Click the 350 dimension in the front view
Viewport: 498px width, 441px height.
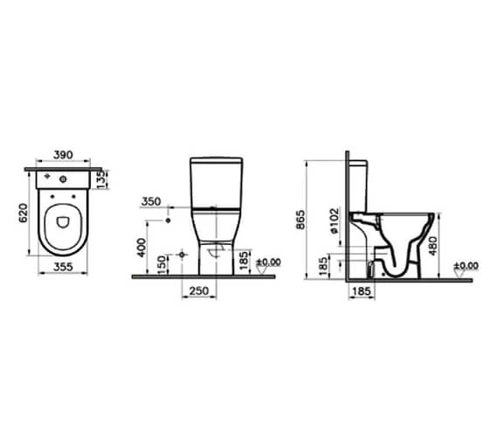(151, 202)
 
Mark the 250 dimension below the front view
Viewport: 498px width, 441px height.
(200, 290)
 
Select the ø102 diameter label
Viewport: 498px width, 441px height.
(336, 223)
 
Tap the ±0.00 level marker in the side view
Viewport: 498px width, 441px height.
(467, 265)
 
